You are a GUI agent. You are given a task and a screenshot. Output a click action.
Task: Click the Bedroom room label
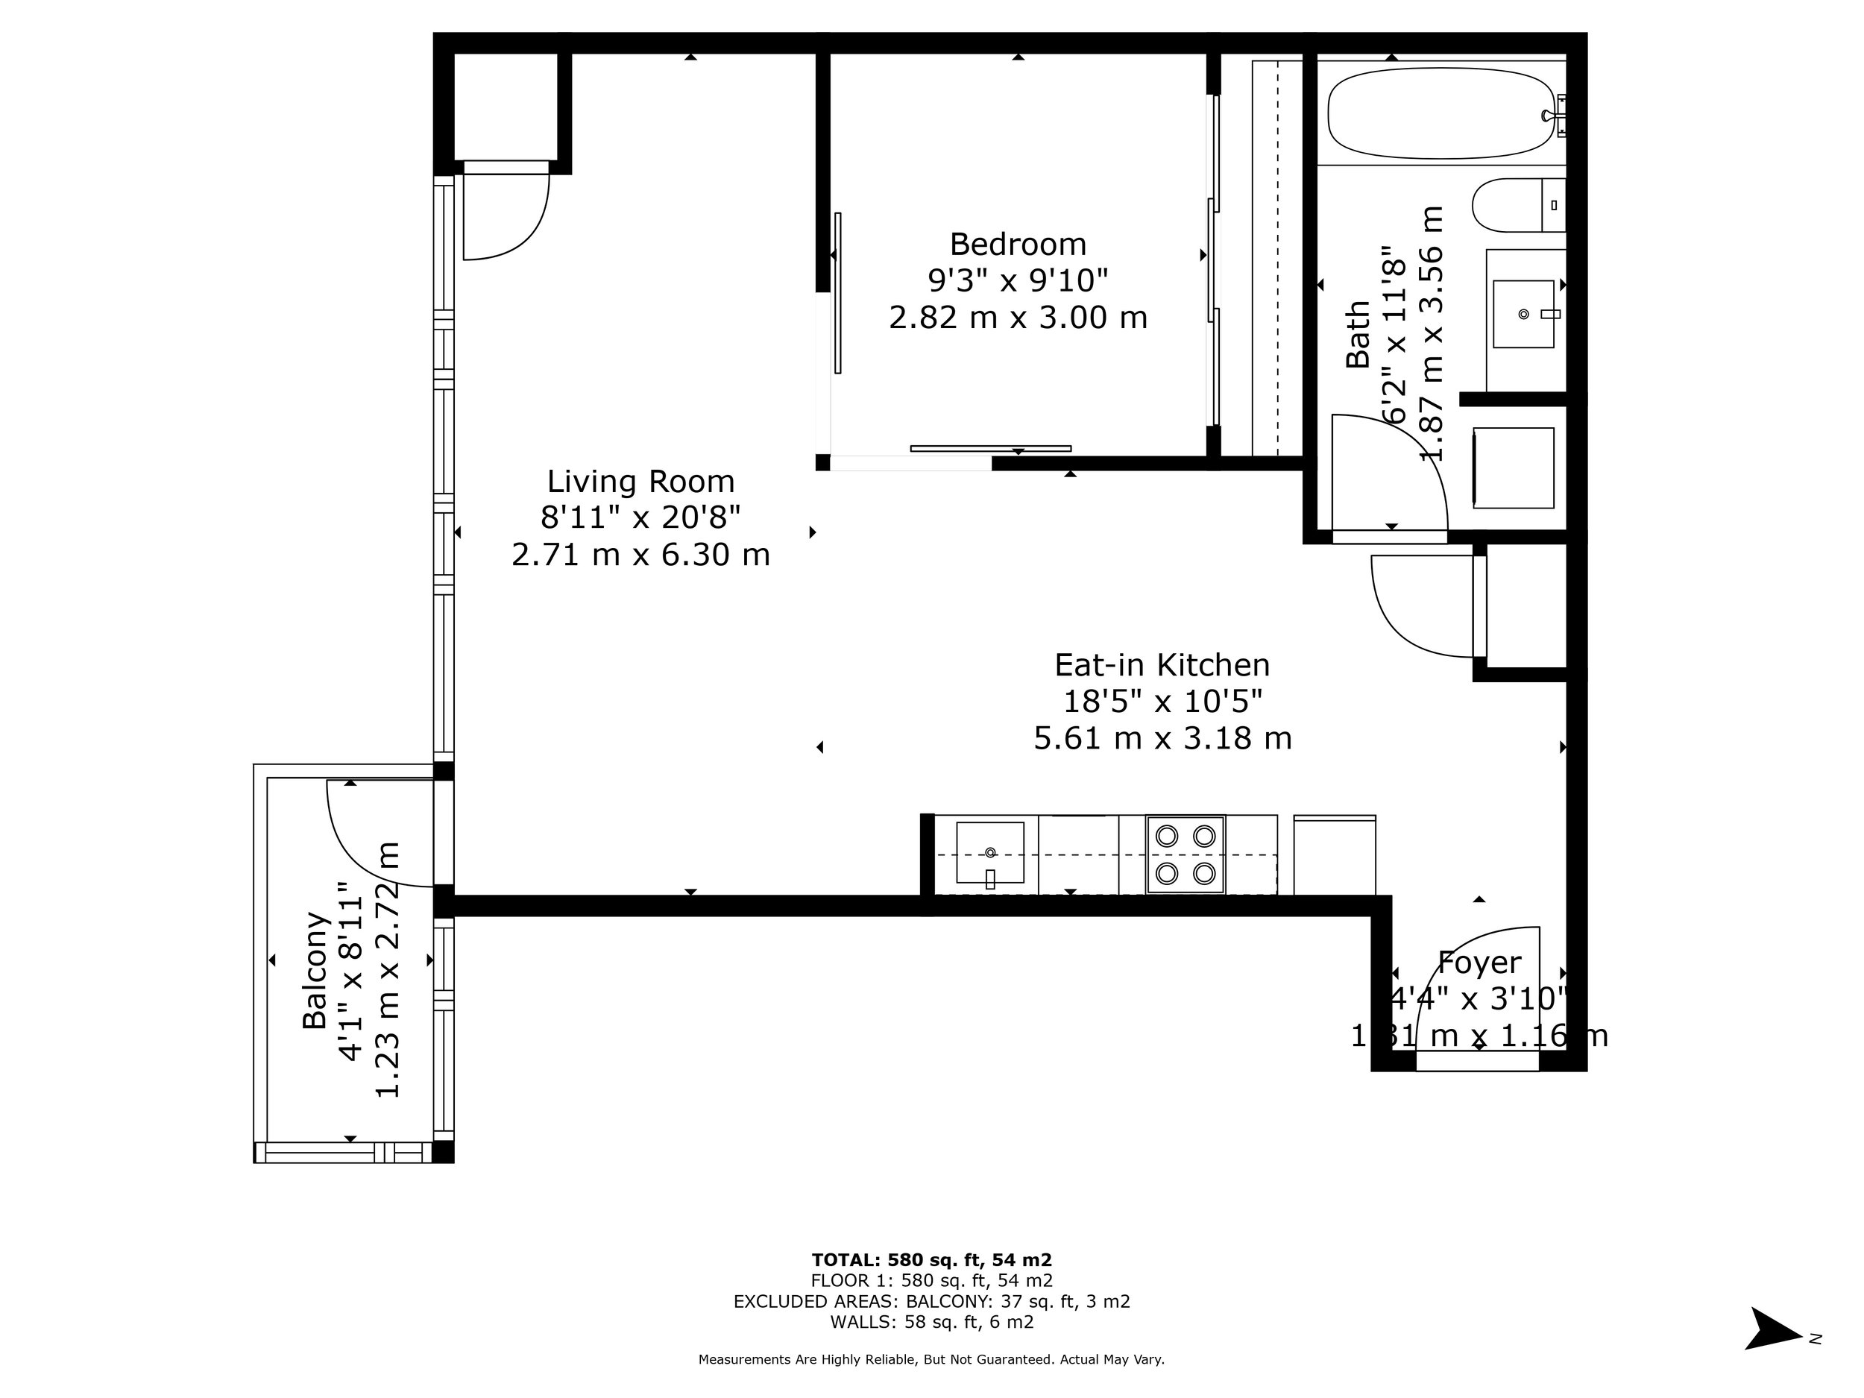pos(1017,245)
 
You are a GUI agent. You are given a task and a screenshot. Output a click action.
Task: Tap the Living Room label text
pos(640,482)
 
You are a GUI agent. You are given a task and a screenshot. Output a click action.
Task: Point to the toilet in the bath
pos(1517,205)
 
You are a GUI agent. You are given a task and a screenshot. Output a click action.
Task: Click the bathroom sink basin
pos(1523,313)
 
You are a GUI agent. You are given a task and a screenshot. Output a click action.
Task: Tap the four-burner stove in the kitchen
pos(1184,854)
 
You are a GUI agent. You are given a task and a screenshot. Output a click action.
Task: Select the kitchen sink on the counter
pos(989,853)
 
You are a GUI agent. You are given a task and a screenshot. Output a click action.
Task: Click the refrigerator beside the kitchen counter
pos(1334,854)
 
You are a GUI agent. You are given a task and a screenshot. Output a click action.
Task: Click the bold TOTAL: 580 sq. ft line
pos(931,1260)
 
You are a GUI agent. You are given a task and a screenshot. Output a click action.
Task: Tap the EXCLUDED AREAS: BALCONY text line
pos(931,1301)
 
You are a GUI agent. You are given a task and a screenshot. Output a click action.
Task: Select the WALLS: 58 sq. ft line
pos(931,1322)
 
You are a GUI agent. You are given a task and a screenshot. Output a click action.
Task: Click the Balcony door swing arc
pos(354,851)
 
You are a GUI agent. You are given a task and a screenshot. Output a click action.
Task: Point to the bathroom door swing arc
pos(1416,455)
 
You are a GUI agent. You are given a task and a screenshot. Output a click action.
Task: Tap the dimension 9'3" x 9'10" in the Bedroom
pos(1017,280)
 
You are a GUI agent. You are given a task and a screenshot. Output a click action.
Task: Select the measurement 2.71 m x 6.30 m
pos(640,555)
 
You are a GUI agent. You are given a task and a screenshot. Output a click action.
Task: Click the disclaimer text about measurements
pos(931,1359)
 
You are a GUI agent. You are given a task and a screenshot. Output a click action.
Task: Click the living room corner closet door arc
pos(523,232)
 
